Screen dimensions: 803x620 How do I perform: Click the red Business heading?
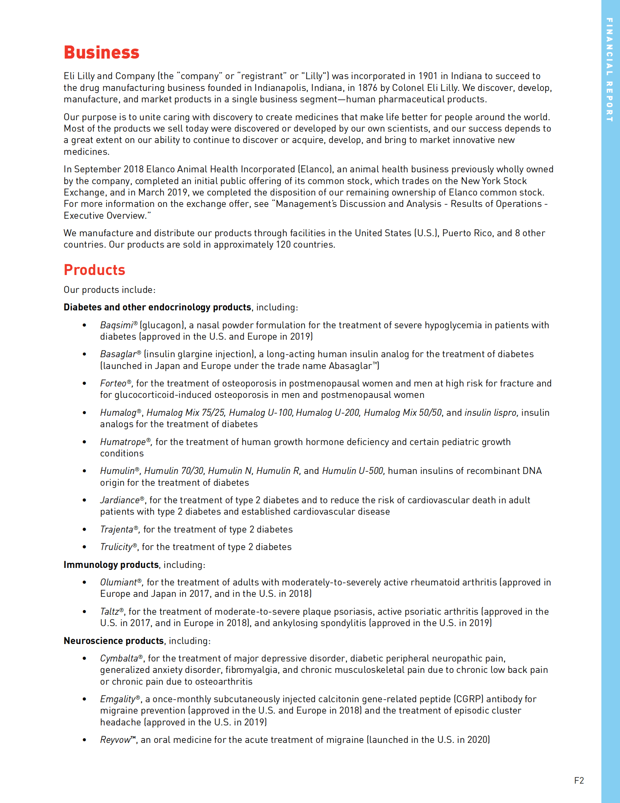pyautogui.click(x=101, y=52)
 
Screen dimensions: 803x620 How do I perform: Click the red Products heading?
pyautogui.click(x=94, y=270)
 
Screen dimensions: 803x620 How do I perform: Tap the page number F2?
pyautogui.click(x=579, y=781)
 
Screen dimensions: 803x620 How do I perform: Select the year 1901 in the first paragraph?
pyautogui.click(x=428, y=76)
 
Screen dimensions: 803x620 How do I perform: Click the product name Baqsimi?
pyautogui.click(x=116, y=325)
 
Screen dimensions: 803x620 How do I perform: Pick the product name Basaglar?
pyautogui.click(x=118, y=354)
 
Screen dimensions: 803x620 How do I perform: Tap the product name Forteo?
pyautogui.click(x=113, y=383)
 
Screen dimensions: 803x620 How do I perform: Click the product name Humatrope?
pyautogui.click(x=123, y=442)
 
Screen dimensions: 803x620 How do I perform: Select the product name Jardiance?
pyautogui.click(x=120, y=500)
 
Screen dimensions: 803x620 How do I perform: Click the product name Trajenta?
pyautogui.click(x=116, y=530)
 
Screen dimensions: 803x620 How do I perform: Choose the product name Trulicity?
pyautogui.click(x=116, y=547)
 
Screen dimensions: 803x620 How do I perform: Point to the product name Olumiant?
pyautogui.click(x=118, y=582)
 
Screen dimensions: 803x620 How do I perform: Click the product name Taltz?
pyautogui.click(x=109, y=612)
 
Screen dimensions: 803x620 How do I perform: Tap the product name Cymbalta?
pyautogui.click(x=119, y=658)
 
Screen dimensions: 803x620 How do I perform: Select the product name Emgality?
pyautogui.click(x=117, y=699)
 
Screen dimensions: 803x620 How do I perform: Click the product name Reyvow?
pyautogui.click(x=115, y=740)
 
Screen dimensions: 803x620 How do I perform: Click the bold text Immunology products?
pyautogui.click(x=111, y=565)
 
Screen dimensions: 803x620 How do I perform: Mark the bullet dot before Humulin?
pyautogui.click(x=84, y=471)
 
